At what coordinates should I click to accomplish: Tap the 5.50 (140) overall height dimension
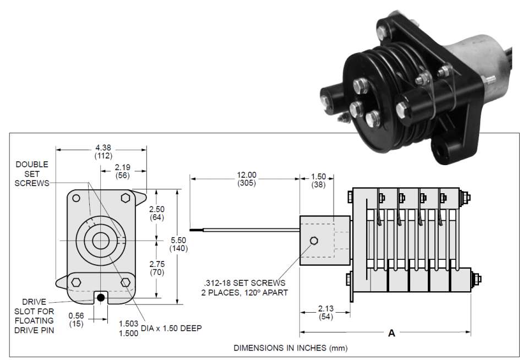(x=179, y=244)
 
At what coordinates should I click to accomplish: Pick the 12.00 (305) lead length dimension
(x=247, y=179)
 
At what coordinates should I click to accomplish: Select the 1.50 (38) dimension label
(x=318, y=181)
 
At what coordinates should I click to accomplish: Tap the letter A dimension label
(x=391, y=333)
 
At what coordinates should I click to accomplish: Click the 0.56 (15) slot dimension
(x=78, y=320)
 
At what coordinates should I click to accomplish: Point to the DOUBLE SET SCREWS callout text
(x=32, y=173)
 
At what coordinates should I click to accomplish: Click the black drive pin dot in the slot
(x=101, y=298)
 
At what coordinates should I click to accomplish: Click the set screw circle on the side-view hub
(x=313, y=241)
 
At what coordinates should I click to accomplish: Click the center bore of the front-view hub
(x=101, y=241)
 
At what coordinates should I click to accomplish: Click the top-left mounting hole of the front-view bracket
(x=77, y=198)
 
